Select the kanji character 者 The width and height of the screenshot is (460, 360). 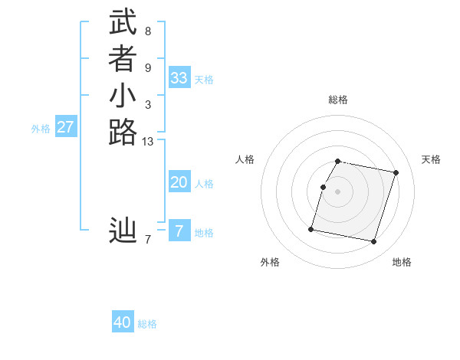123,59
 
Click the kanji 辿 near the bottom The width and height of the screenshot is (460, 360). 123,231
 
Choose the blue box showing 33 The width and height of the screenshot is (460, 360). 179,78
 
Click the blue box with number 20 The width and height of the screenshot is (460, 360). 179,182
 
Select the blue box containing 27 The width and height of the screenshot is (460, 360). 66,127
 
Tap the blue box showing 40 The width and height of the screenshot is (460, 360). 123,322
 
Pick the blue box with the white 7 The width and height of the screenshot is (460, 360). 179,231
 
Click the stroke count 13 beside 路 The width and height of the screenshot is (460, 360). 147,142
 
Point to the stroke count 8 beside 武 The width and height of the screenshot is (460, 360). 147,31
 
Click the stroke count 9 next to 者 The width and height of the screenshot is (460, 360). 147,68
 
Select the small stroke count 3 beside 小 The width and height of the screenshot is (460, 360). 147,105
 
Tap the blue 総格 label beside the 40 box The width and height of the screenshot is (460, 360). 147,324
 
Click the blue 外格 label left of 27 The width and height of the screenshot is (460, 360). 41,129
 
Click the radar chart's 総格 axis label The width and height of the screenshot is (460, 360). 338,100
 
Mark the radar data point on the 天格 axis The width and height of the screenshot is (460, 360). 396,173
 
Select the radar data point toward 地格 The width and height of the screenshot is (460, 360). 373,241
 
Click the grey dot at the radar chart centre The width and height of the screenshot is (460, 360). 338,191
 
